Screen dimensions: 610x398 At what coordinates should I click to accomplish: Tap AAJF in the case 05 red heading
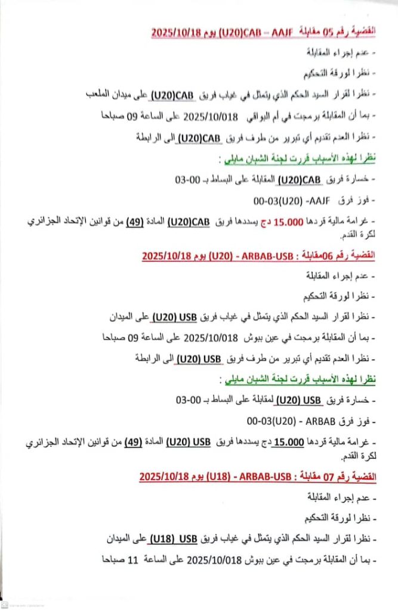pos(279,31)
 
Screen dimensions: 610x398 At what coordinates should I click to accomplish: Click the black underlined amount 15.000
pos(285,443)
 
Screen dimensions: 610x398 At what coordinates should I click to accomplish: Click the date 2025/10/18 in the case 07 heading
pos(163,477)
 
